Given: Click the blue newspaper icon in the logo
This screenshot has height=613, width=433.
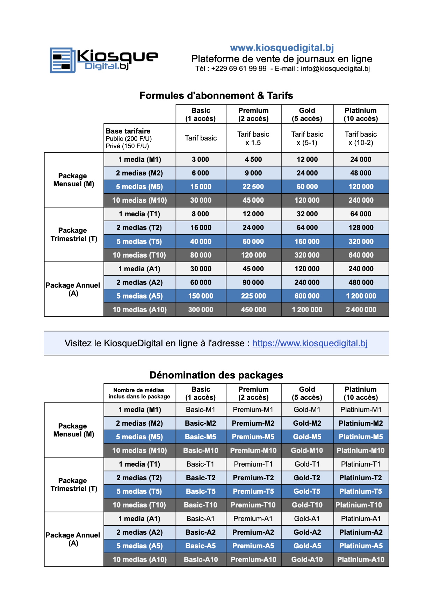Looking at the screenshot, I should [63, 60].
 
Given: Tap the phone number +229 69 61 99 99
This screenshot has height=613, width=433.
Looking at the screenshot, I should [239, 69].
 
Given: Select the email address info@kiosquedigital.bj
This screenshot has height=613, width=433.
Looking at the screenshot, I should [335, 69].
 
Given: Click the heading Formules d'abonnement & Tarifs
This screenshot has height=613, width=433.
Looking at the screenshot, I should [216, 95].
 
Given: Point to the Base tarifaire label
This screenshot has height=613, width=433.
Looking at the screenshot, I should [128, 131].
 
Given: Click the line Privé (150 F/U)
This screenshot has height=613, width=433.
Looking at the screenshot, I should [127, 146].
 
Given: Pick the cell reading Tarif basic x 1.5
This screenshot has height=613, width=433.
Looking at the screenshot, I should [253, 138].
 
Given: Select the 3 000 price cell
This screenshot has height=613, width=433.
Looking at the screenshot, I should [201, 159].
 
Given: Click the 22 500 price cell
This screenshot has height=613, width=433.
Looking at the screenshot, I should [253, 187].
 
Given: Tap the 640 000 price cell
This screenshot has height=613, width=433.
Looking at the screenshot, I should [361, 255].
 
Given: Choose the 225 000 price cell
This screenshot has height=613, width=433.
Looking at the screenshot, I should [253, 296].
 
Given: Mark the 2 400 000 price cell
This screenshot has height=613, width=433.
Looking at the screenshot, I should [361, 310].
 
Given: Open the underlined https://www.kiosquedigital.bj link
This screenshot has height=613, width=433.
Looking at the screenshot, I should [310, 343].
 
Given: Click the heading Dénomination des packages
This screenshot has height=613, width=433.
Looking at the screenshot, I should [216, 375].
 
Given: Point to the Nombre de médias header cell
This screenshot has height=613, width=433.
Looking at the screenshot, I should [139, 393].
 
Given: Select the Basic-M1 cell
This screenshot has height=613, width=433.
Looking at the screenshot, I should [201, 410].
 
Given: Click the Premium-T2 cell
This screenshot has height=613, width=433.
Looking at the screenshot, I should [253, 478].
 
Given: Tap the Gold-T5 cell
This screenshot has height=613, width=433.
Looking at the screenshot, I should [307, 491].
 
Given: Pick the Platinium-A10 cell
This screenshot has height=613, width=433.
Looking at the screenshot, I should [361, 560].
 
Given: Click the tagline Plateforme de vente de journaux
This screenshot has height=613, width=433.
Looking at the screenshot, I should [282, 59].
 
